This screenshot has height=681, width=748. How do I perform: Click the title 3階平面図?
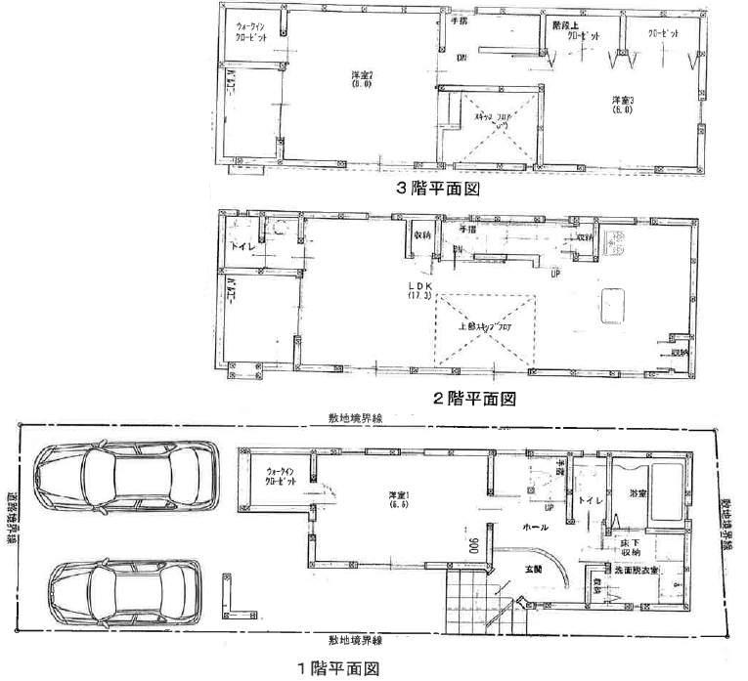[437, 190]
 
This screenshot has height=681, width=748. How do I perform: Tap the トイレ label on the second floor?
[242, 248]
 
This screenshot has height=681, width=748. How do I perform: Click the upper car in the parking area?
[124, 479]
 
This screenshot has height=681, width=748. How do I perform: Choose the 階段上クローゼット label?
[577, 28]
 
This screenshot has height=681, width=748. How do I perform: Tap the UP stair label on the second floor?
[556, 273]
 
